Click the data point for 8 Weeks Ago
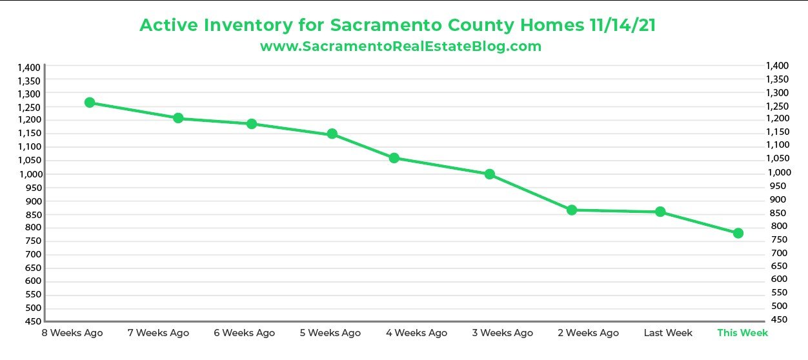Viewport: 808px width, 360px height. point(90,103)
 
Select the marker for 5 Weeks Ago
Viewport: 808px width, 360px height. point(332,134)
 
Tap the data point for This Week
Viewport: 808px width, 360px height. point(738,233)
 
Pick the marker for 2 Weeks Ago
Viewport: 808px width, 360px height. point(572,210)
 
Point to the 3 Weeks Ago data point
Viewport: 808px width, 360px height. point(490,174)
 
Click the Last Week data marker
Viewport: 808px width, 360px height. point(660,212)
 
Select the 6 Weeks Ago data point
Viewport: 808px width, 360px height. point(252,124)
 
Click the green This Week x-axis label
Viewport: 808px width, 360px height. point(743,333)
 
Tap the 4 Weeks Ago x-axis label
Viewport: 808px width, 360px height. point(416,333)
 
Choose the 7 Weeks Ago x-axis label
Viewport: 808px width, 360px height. point(159,333)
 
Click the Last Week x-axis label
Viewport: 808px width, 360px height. point(668,333)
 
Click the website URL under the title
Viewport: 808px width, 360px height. point(400,46)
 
